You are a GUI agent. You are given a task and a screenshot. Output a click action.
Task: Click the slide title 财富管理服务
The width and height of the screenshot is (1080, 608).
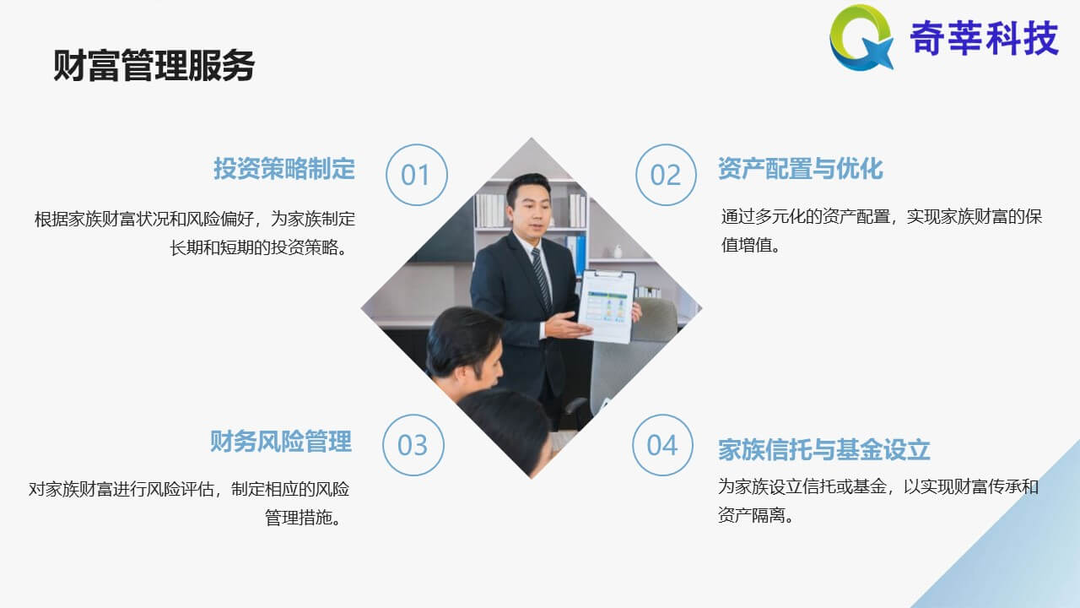[154, 65]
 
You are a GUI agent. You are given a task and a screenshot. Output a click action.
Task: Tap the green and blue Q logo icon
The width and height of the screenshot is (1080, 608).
[861, 37]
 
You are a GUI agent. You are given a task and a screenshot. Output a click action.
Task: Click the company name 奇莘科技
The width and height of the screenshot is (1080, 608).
[984, 38]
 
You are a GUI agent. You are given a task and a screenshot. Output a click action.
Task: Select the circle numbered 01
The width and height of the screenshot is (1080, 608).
[417, 175]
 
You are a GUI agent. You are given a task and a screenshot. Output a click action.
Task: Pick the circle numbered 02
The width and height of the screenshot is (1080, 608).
[666, 175]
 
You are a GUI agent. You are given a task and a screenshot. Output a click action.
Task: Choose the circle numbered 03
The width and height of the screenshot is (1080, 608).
[413, 445]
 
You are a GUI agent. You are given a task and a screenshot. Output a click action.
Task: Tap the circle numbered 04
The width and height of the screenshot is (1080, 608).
[663, 445]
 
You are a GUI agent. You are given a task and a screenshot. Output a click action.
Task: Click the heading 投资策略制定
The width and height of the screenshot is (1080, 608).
[284, 169]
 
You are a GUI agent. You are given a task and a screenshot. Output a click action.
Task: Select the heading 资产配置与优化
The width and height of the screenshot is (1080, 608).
[801, 169]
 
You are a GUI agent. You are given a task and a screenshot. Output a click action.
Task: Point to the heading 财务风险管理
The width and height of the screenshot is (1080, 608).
[281, 442]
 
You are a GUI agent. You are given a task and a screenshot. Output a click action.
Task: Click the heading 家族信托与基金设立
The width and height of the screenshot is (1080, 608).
[824, 450]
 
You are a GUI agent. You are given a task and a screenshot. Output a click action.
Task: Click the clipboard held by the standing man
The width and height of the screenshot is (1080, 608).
[607, 307]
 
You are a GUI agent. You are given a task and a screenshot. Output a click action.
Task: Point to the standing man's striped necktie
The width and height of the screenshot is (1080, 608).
[542, 279]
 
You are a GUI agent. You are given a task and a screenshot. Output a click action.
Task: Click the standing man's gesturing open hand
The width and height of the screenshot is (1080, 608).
[568, 326]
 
